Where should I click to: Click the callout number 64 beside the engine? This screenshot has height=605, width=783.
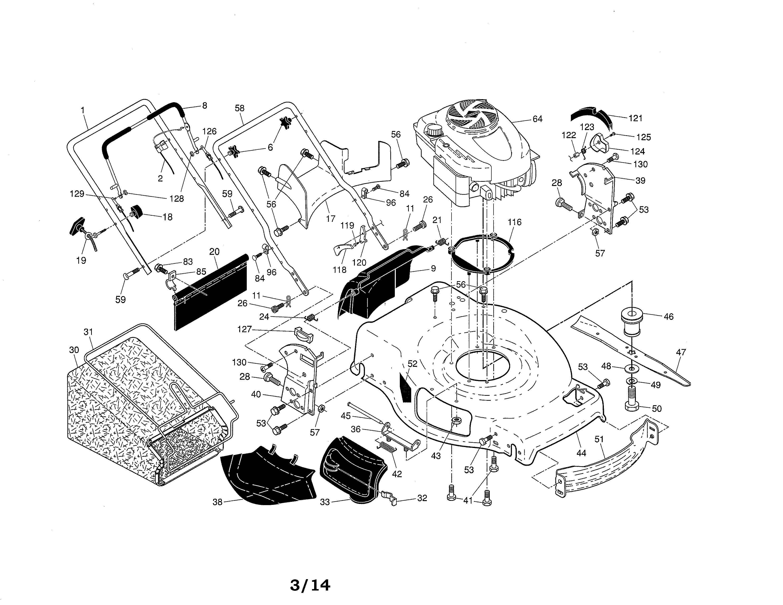pos(537,119)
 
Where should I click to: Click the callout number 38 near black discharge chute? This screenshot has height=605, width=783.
pos(217,502)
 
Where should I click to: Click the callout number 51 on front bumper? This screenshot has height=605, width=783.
pos(599,439)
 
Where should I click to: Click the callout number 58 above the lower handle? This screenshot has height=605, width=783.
pos(239,108)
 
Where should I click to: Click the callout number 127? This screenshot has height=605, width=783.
pos(244,329)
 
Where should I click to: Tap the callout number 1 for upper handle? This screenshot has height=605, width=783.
pos(83,110)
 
